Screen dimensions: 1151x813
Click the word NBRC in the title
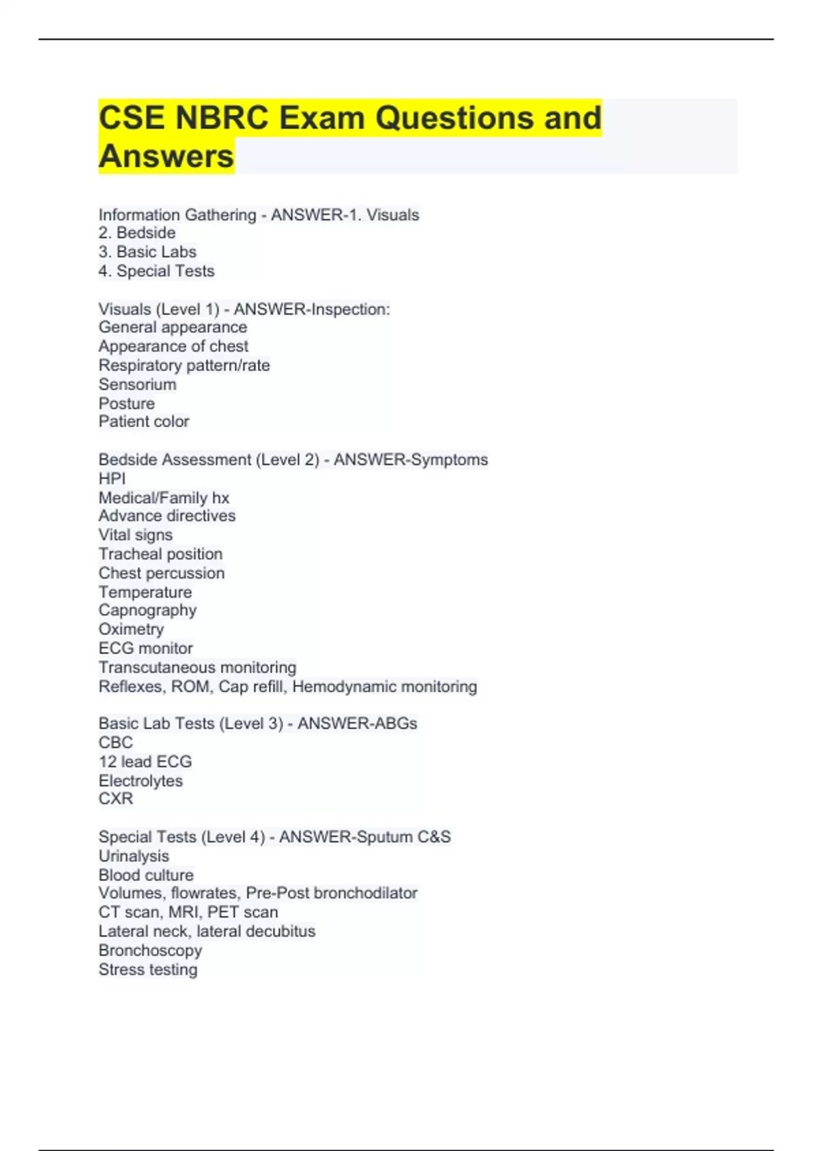point(222,118)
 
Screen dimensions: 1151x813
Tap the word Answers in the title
point(166,156)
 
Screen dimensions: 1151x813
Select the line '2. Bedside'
point(137,233)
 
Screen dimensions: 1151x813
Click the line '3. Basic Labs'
point(147,252)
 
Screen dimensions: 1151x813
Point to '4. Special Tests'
point(156,271)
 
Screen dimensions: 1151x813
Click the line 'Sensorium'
point(137,385)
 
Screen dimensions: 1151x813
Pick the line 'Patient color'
point(144,422)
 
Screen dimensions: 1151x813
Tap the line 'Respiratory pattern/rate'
point(184,366)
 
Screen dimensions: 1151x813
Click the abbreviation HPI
point(112,479)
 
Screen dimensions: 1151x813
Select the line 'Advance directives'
point(167,516)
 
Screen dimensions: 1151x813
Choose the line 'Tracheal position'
point(160,554)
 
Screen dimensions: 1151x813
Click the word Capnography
point(147,610)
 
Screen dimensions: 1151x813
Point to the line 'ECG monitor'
point(145,648)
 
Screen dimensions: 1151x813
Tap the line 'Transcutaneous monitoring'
point(197,668)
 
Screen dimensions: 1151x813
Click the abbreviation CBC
point(115,743)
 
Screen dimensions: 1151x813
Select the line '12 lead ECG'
point(145,762)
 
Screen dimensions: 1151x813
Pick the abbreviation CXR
point(115,799)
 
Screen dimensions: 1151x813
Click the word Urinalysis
point(133,856)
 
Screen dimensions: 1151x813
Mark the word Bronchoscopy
point(150,951)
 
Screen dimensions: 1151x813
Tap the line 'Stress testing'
point(148,970)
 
